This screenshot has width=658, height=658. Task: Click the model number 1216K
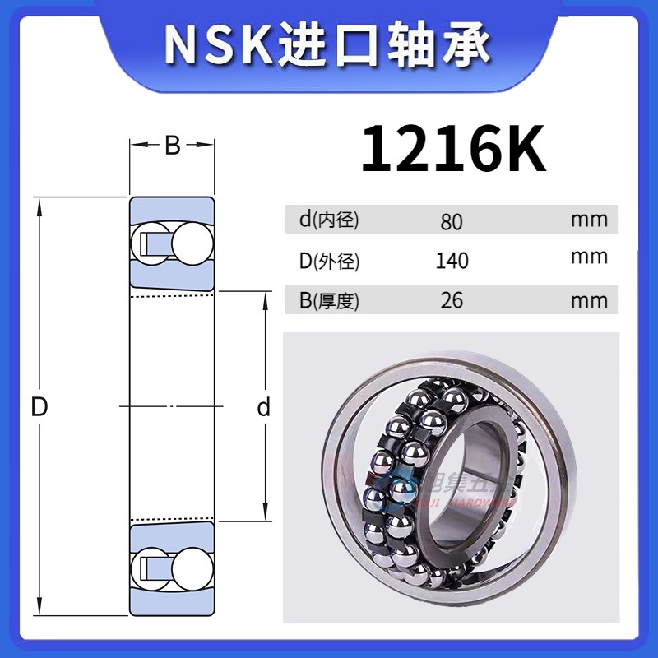click(x=453, y=148)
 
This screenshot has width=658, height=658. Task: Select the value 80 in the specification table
click(x=452, y=221)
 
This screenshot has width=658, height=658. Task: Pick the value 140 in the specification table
click(x=452, y=261)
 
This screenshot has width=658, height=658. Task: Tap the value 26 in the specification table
click(x=452, y=300)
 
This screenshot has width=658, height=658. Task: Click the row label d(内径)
click(x=329, y=220)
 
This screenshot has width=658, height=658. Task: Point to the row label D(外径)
click(x=329, y=261)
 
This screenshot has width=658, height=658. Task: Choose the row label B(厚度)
click(x=329, y=300)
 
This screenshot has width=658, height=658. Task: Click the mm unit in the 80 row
click(x=589, y=220)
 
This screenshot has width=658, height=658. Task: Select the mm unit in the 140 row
click(x=589, y=257)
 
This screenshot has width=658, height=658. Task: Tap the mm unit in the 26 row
click(x=589, y=300)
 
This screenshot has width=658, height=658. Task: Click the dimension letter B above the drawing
click(x=172, y=146)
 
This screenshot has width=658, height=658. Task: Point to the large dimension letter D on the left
click(x=39, y=406)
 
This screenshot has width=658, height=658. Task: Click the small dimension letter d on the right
click(x=264, y=407)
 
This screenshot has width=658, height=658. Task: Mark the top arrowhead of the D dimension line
click(x=39, y=204)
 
